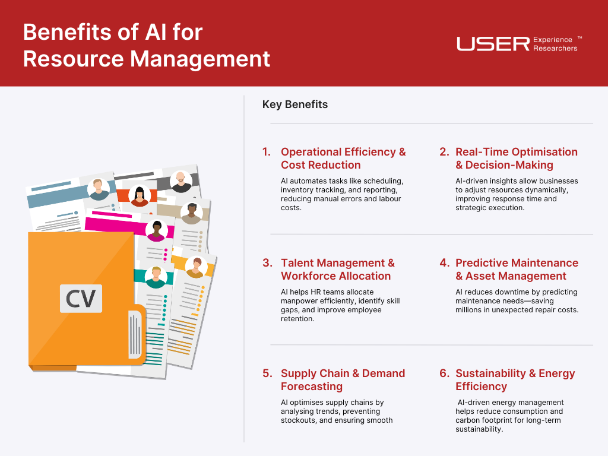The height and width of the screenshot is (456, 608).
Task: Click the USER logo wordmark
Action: [x=493, y=44]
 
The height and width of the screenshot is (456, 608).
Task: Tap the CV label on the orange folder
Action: [x=81, y=298]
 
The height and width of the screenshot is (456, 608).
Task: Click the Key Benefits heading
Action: [x=294, y=104]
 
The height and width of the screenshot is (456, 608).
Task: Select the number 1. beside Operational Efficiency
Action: [x=267, y=151]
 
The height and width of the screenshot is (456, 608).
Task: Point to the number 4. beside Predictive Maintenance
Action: [x=444, y=262]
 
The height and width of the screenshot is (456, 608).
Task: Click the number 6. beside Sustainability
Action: [x=444, y=373]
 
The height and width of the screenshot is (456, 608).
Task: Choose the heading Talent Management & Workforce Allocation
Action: [x=338, y=269]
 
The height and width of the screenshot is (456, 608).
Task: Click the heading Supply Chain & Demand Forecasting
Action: [x=343, y=379]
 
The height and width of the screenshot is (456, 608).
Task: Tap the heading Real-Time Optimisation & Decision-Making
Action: [x=517, y=158]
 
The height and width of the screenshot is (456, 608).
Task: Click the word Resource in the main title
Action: [x=73, y=59]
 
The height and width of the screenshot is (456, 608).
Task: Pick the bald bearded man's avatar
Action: [x=180, y=182]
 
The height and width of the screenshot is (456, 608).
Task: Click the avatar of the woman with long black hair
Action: [x=140, y=195]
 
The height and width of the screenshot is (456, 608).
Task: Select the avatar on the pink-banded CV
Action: [x=157, y=231]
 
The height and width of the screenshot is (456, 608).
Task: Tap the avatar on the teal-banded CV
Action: [x=156, y=277]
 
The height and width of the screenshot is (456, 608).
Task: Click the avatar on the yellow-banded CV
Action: [x=196, y=267]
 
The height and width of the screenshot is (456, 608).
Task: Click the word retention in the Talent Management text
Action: [x=297, y=319]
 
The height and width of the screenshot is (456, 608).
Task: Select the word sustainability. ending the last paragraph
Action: [x=479, y=429]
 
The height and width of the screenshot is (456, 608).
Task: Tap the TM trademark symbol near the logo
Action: [x=579, y=37]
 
